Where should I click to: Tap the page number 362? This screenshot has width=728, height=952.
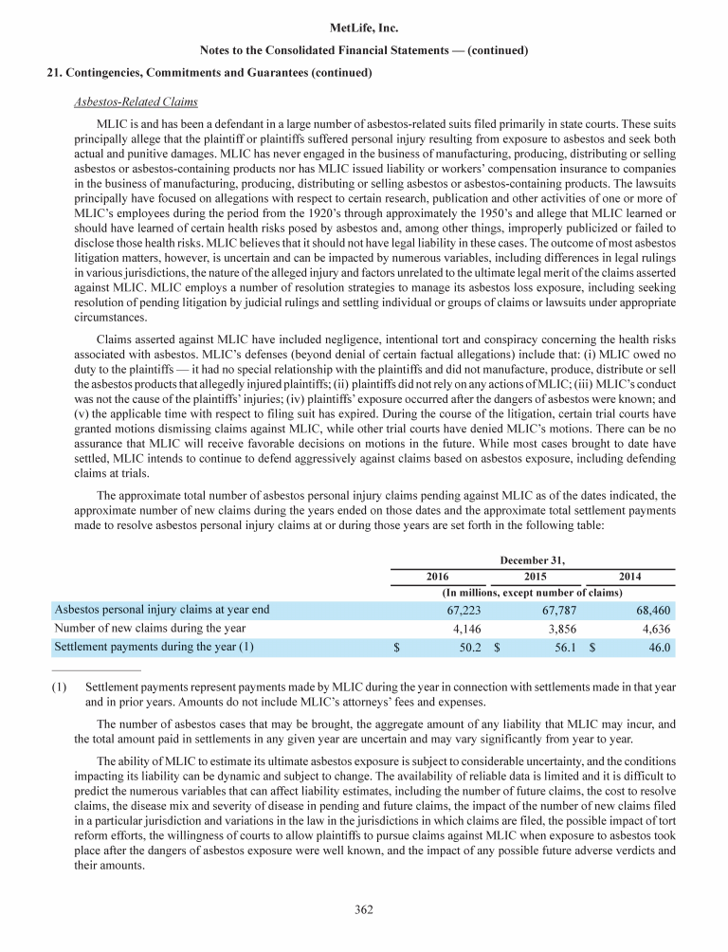(364, 910)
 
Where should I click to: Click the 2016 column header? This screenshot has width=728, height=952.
(437, 577)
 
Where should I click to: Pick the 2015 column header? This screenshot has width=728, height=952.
(535, 577)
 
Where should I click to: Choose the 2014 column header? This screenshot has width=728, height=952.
(629, 577)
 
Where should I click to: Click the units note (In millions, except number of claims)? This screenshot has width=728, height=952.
(532, 592)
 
